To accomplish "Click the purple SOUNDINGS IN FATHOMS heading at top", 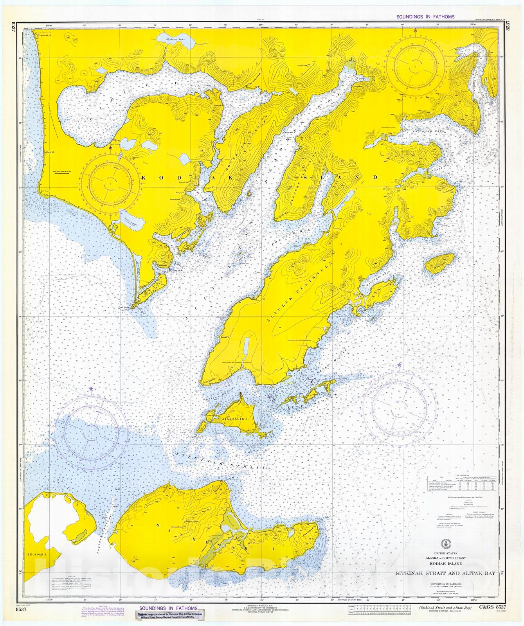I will point(425,17).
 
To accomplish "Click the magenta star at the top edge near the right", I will point(415,30).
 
